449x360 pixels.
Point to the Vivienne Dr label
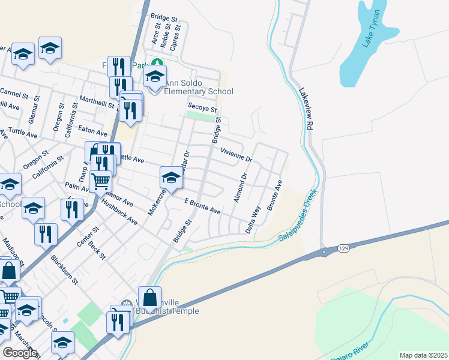click(236, 155)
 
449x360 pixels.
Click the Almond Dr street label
click(240, 188)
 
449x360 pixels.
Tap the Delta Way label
click(253, 220)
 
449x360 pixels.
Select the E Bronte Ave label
click(202, 208)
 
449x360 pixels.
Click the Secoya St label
click(200, 106)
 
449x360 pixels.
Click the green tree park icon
click(157, 62)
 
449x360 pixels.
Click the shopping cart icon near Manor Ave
click(101, 180)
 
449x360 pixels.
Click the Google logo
click(20, 353)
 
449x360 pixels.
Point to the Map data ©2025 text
click(423, 355)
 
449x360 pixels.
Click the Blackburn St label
click(65, 269)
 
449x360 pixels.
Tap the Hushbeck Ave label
click(119, 212)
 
